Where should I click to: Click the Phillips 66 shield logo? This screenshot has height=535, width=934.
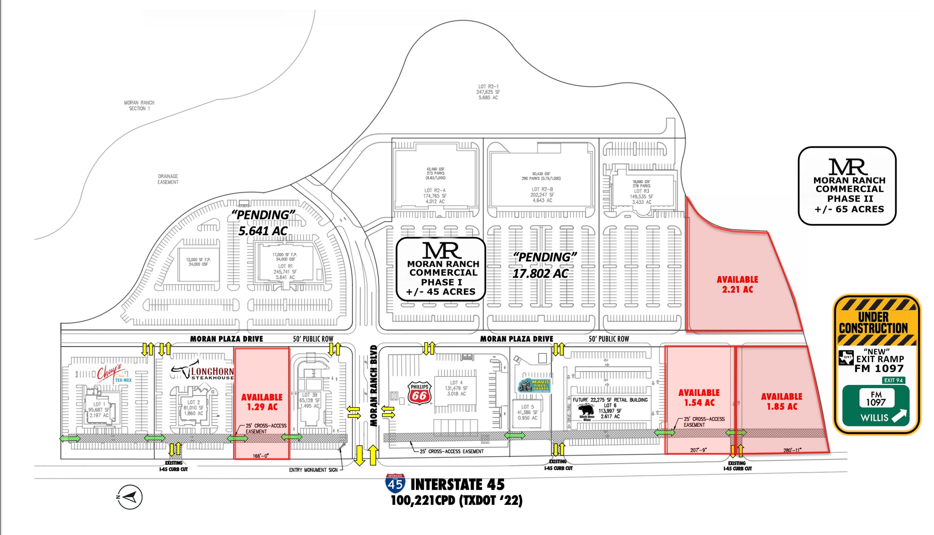click(x=419, y=393)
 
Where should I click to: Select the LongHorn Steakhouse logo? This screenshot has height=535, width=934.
click(x=203, y=371)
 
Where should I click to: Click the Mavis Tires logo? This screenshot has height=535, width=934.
click(x=534, y=386)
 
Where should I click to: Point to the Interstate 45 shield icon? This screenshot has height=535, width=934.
click(x=395, y=483)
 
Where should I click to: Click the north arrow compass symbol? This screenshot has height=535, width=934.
click(x=130, y=497)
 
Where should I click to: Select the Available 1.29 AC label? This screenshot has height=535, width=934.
click(x=262, y=402)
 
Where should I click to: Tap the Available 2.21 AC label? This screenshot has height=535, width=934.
click(x=737, y=284)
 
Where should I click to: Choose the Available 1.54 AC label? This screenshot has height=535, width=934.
click(x=699, y=397)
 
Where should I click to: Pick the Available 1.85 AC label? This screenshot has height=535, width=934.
click(x=781, y=401)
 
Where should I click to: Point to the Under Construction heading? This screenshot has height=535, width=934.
click(x=873, y=322)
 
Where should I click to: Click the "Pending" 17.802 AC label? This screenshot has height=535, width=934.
click(x=542, y=265)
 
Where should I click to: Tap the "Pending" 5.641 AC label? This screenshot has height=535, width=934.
click(x=263, y=223)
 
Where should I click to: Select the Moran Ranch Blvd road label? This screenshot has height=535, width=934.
click(x=374, y=386)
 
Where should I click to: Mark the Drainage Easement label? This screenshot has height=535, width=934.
click(x=168, y=179)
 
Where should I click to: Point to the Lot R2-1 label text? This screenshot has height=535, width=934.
click(x=488, y=92)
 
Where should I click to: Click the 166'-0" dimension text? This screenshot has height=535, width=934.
click(x=260, y=456)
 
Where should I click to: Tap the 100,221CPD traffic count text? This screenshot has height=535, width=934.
click(x=457, y=501)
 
